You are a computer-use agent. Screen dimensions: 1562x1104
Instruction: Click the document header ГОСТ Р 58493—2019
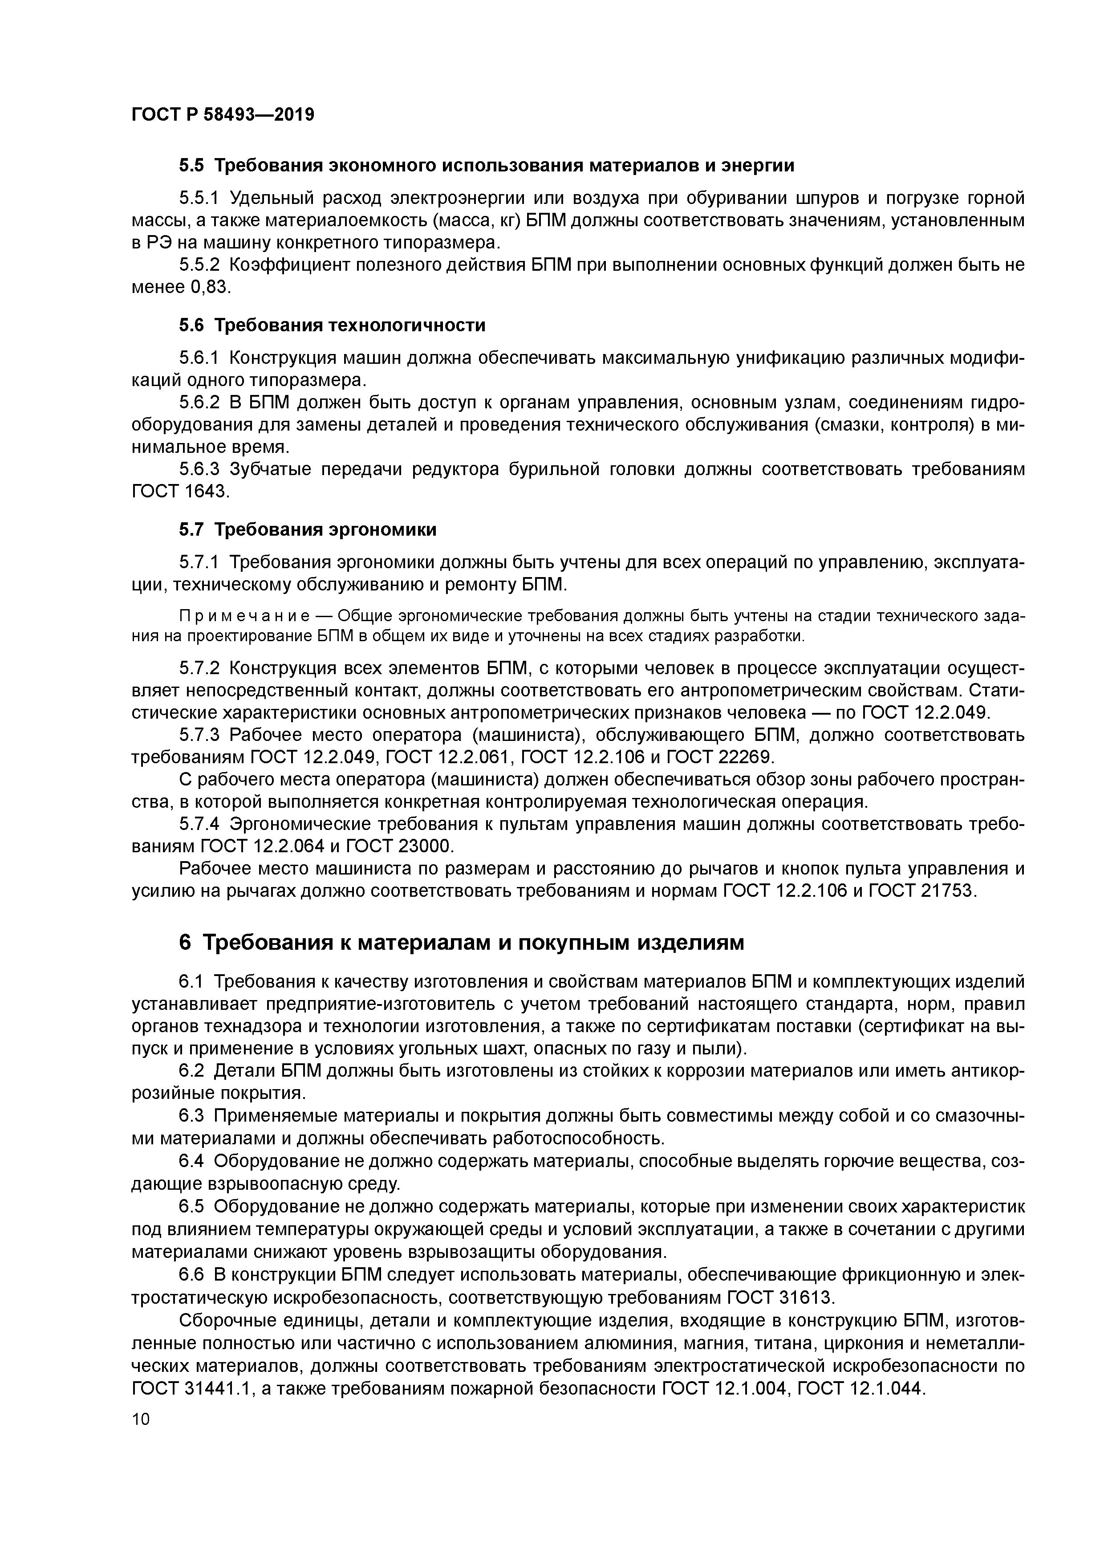(x=223, y=114)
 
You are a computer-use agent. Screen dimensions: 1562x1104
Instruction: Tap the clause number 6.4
(x=192, y=1161)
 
